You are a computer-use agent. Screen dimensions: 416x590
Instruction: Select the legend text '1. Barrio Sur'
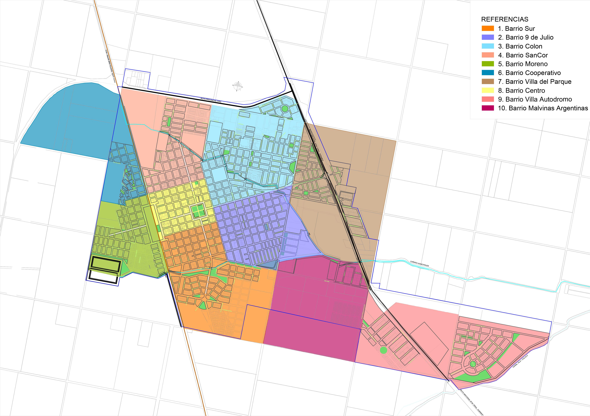(x=516, y=29)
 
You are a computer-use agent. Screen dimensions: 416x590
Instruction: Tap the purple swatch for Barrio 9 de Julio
(x=488, y=37)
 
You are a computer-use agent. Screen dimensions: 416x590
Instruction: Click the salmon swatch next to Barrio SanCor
(x=488, y=55)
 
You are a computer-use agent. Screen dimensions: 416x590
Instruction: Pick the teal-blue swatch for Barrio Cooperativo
(x=488, y=73)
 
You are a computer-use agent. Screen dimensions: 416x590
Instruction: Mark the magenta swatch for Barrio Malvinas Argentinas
(x=488, y=108)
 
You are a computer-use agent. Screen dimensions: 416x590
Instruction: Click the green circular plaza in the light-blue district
(x=284, y=109)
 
